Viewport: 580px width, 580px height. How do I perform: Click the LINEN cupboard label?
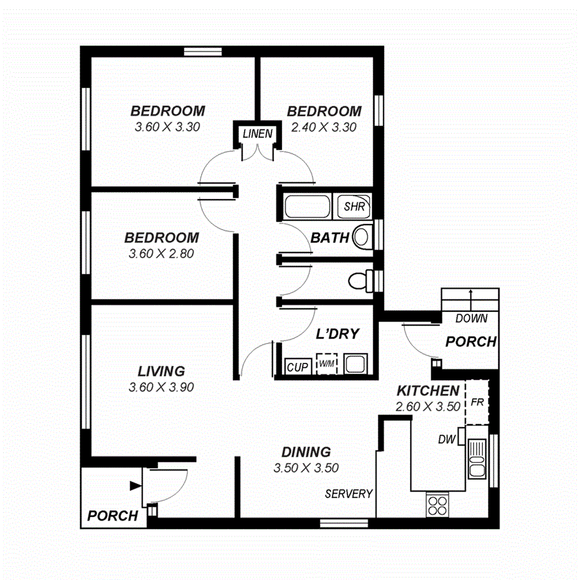tap(257, 133)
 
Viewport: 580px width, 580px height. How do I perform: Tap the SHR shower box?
tap(353, 206)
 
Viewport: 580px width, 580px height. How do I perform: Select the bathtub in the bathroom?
tap(306, 206)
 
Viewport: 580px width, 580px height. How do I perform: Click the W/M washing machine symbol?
tap(326, 364)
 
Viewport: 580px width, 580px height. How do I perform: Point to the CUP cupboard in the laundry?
tap(297, 367)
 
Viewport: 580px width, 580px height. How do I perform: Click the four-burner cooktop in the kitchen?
tap(438, 503)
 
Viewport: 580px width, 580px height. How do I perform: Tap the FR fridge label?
tap(477, 403)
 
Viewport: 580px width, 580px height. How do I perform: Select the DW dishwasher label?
tap(446, 439)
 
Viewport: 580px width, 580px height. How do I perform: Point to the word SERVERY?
tap(348, 493)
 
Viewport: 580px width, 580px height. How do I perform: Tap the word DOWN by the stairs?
tap(471, 319)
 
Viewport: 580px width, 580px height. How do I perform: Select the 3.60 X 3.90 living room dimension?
tap(161, 386)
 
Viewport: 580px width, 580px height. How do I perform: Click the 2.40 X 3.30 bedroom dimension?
tap(324, 128)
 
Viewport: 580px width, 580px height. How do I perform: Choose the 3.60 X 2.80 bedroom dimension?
tap(161, 253)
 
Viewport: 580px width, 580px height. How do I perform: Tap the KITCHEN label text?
tap(428, 391)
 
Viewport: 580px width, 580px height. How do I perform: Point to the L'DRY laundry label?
tap(337, 334)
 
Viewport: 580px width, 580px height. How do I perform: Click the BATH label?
tap(329, 238)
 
